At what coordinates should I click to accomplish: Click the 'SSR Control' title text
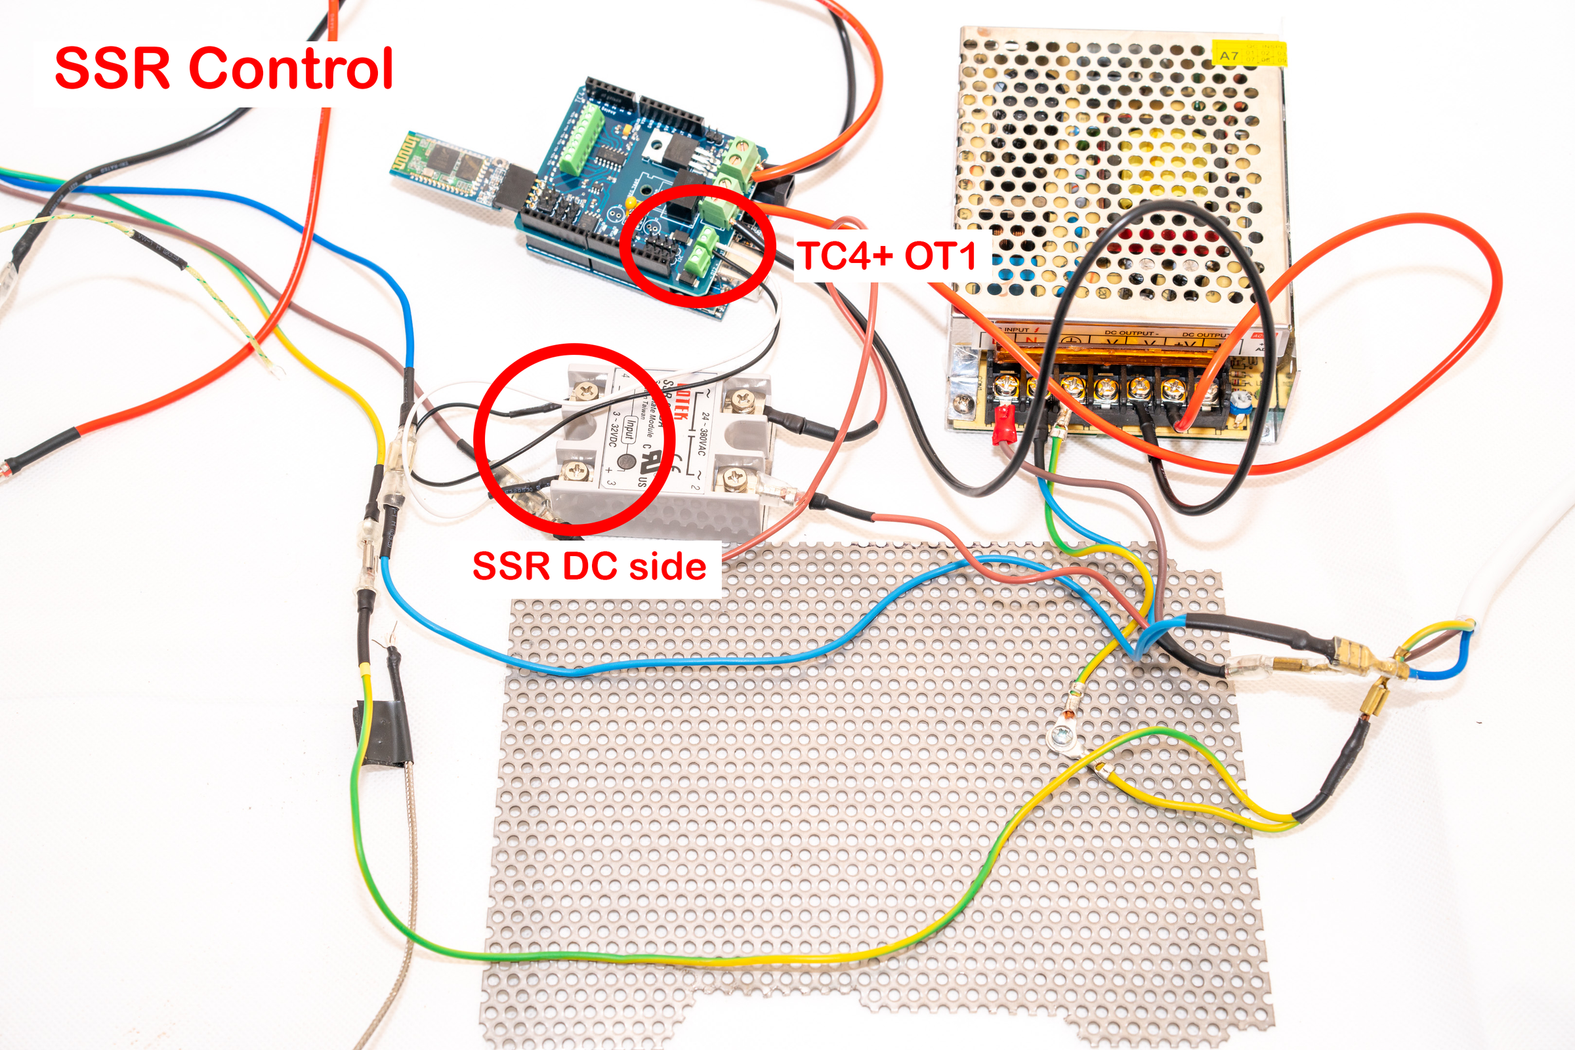223,69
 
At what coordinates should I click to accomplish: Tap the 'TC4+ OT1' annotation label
888,256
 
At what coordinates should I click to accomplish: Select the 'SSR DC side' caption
589,567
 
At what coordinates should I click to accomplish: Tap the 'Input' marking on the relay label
629,428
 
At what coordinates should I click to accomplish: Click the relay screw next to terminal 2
736,478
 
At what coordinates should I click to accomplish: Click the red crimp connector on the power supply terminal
1002,424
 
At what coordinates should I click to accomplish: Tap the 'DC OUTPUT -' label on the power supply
1129,333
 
